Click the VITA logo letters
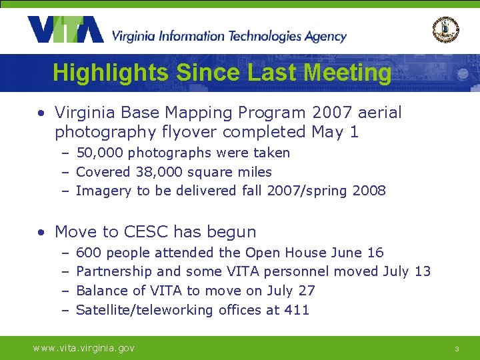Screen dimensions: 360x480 click(65, 30)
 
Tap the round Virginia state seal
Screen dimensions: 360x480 click(445, 29)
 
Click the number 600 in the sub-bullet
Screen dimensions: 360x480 click(89, 253)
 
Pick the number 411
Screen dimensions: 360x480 click(297, 310)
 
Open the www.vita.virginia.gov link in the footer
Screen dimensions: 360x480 click(85, 348)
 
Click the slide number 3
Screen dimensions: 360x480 click(457, 349)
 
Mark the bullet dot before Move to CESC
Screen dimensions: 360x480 click(41, 233)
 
